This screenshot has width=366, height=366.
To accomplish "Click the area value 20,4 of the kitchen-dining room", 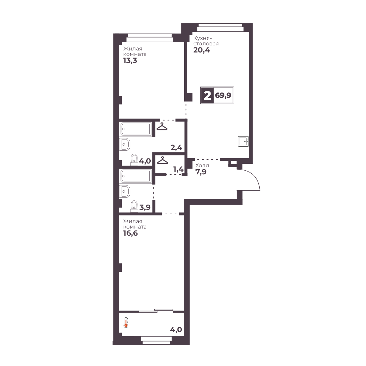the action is point(202,50).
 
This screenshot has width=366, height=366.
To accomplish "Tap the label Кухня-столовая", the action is point(206,41).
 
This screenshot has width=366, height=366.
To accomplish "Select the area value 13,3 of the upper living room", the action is point(130,61).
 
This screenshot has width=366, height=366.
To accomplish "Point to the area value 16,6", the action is point(130,233).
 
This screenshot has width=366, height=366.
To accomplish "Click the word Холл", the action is point(202,166).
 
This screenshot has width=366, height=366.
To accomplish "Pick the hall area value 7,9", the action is point(201,172).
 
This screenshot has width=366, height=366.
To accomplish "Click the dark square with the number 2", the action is point(207,95).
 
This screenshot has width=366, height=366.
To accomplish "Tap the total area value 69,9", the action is point(223,95).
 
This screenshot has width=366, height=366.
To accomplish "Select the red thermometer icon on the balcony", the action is point(126,323).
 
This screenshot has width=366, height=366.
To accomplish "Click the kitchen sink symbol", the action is point(243,142).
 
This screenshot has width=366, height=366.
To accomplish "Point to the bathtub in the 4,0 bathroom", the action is point(136,129).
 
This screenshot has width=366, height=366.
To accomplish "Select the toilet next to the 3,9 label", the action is point(134,206).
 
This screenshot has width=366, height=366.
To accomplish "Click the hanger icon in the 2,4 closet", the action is point(162,126).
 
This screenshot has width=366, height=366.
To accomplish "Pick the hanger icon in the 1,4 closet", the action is point(163,160).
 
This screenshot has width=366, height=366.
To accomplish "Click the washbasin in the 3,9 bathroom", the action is point(125,191).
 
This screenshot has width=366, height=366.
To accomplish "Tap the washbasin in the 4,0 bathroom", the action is point(125,144).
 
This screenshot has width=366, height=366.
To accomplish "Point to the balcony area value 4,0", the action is point(176,329).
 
